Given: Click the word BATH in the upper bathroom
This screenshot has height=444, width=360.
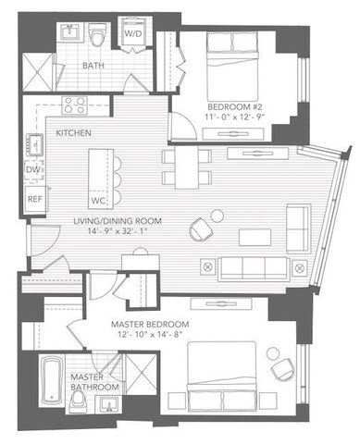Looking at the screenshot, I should point(93,67).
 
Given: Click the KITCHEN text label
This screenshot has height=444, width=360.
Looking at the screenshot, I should point(75,133).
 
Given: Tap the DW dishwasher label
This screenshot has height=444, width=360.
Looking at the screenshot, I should point(33,170).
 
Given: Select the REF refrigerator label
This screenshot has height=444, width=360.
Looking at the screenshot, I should point(34,198).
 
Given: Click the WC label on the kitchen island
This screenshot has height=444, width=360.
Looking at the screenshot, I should point(99,200).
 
